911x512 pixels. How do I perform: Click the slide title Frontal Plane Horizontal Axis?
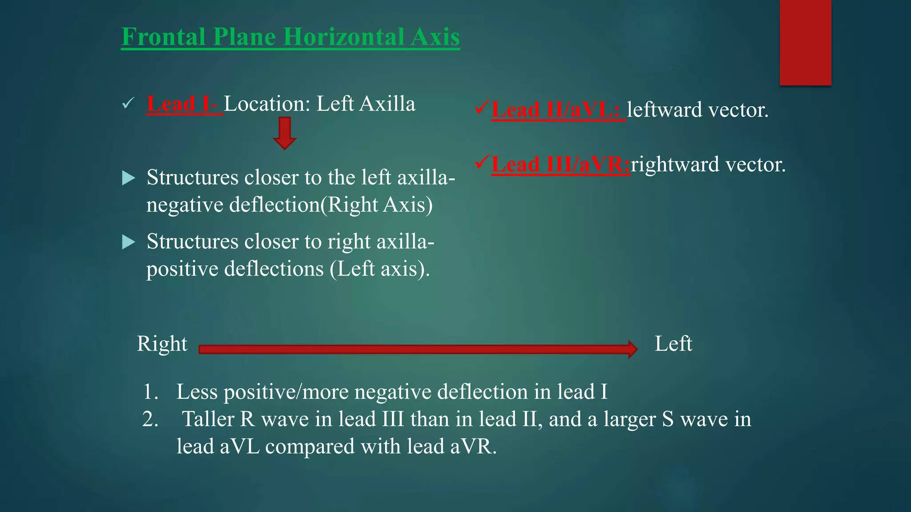coord(290,36)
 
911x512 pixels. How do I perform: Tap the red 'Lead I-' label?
coord(183,104)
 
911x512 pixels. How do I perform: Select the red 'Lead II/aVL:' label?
coord(556,110)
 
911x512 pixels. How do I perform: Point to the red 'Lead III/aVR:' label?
coord(560,164)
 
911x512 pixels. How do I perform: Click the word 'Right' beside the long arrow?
coord(162,344)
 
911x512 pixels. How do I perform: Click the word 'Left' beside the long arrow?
coord(673,344)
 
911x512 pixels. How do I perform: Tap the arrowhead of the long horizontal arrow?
coord(633,349)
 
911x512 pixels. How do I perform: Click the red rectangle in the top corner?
coord(805,42)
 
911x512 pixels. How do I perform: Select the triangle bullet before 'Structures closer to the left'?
coord(128,178)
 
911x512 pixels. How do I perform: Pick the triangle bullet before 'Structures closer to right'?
coord(128,242)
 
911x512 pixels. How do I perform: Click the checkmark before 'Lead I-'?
coord(128,104)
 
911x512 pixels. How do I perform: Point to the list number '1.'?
coord(151,392)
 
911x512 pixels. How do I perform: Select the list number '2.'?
coord(150,420)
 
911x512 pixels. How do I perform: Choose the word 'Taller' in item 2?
coord(208,420)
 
